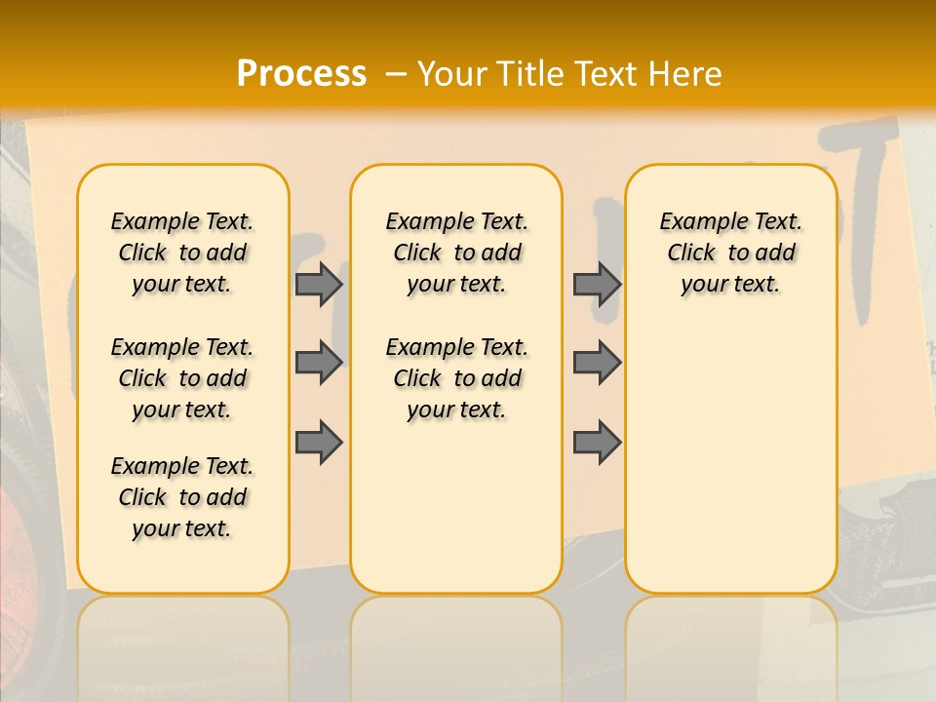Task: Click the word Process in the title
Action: point(301,73)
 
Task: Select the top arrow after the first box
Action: point(319,284)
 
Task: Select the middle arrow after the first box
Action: point(319,363)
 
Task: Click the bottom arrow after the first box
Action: point(319,442)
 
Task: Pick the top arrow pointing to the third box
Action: point(597,284)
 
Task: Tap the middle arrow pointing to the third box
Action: point(597,363)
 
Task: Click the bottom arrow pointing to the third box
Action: point(597,442)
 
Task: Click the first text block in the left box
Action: point(182,253)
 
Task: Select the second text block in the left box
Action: point(182,378)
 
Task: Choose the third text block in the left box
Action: point(182,497)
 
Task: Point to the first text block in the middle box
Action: point(456,253)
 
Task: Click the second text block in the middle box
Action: point(456,378)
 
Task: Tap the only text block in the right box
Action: point(730,253)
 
